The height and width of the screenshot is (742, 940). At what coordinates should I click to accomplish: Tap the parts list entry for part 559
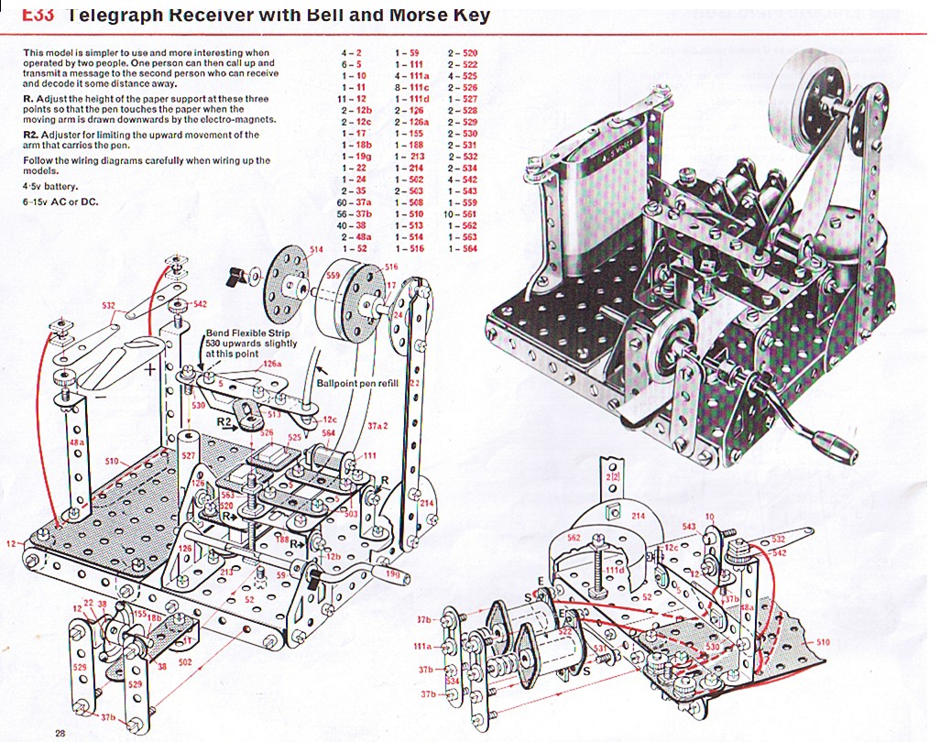point(464,202)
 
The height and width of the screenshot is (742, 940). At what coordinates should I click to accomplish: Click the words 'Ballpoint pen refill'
point(357,383)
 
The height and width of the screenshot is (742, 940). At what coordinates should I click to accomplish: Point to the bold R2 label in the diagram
point(224,421)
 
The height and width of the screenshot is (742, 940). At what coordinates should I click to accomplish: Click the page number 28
point(60,732)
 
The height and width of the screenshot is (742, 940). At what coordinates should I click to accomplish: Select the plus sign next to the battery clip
point(150,370)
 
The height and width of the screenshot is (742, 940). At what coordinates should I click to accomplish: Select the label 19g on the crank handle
point(391,575)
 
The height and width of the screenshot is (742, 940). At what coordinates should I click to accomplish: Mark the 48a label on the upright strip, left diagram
point(78,442)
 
